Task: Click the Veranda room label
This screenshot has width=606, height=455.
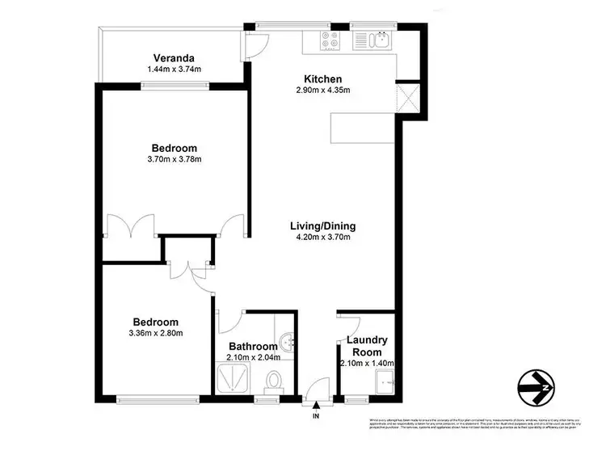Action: [x=174, y=58]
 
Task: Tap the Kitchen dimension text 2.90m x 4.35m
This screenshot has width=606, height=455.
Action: [x=322, y=90]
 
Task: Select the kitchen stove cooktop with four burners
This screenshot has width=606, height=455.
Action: [x=330, y=40]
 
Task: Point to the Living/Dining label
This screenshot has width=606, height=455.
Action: [x=323, y=226]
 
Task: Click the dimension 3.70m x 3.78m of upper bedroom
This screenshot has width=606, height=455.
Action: [x=174, y=159]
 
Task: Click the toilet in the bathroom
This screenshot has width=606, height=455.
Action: [x=274, y=380]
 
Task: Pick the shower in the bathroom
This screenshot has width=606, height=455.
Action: [x=234, y=379]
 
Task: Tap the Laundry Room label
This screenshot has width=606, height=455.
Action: [x=368, y=347]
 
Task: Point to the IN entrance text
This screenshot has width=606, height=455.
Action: [x=316, y=416]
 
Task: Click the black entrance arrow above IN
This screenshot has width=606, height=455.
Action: [x=316, y=403]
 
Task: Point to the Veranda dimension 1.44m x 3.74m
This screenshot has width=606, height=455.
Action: [x=174, y=70]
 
